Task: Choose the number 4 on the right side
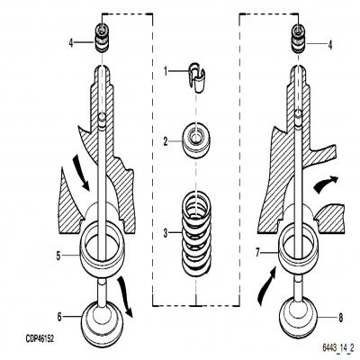coord(331,43)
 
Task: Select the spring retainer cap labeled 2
coord(195,139)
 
